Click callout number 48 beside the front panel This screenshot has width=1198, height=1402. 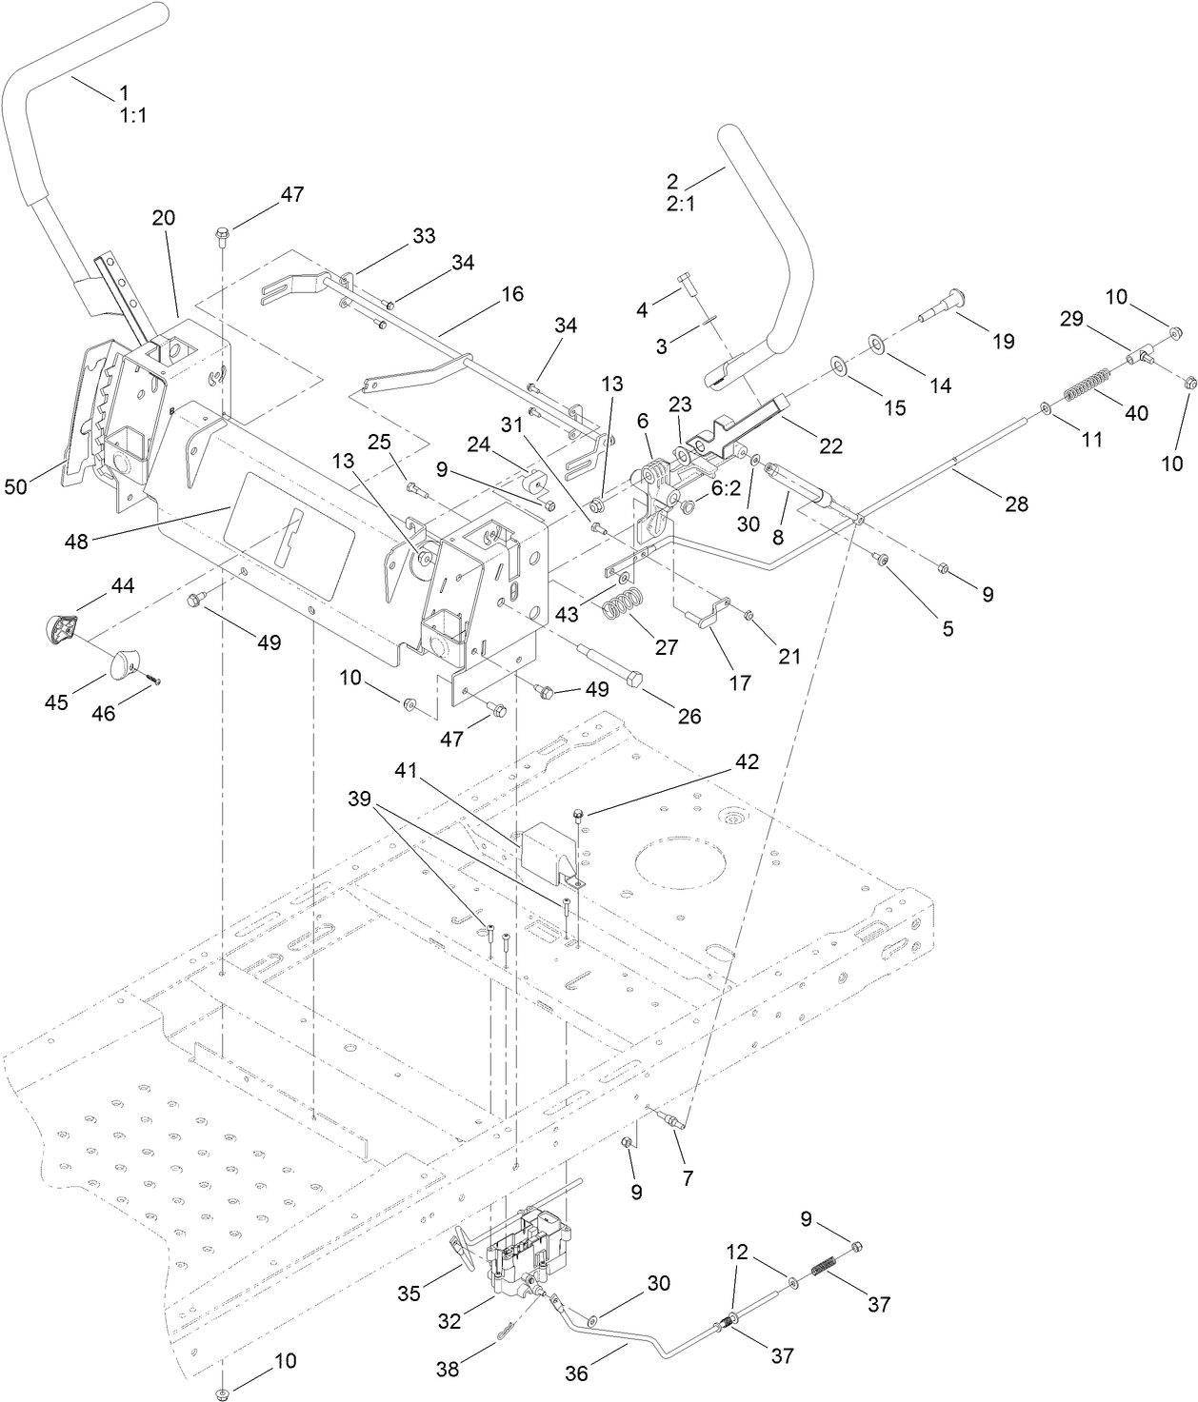point(76,542)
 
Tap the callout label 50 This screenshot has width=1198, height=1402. point(16,486)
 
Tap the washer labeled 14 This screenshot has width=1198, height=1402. point(876,344)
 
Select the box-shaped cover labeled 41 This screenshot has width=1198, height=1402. point(550,850)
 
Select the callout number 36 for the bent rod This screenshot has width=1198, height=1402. point(577,1373)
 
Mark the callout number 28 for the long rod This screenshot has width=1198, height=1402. point(1017,504)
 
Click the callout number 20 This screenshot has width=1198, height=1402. point(164,217)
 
